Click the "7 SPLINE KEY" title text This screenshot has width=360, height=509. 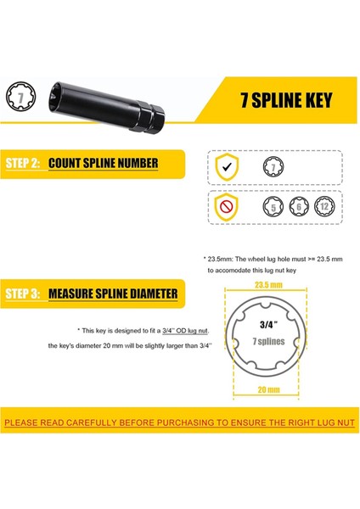(286, 100)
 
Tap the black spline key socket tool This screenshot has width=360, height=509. (107, 107)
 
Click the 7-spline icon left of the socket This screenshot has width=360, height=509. (20, 97)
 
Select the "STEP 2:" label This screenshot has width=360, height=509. (22, 163)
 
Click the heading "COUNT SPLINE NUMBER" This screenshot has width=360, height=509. (104, 163)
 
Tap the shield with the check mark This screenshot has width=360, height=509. (227, 167)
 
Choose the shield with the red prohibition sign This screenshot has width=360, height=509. (226, 207)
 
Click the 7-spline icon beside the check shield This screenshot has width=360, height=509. (273, 167)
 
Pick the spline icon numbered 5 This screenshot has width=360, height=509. (273, 207)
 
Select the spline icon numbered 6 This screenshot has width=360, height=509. (299, 207)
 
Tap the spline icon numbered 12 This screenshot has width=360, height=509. (324, 206)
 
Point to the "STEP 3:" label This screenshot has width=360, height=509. (22, 294)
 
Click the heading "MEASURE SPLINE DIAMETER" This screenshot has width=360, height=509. (113, 294)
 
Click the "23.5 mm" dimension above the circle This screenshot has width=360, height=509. (268, 285)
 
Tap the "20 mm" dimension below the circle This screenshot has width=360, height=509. (268, 389)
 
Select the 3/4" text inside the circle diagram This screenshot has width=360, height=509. (268, 324)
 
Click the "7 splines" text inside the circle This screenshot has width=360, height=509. (268, 341)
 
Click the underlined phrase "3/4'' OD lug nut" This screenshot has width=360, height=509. (185, 331)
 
